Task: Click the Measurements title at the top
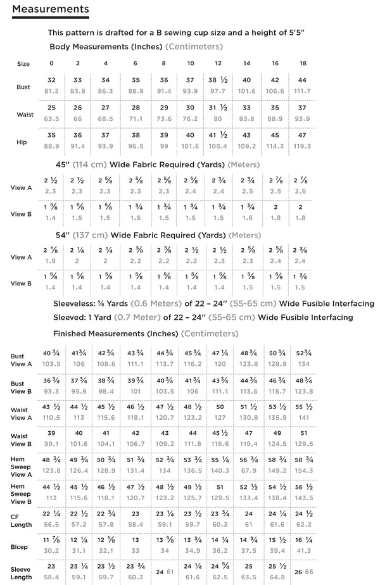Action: [50, 9]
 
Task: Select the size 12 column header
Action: [218, 63]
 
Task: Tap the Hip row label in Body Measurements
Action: [22, 142]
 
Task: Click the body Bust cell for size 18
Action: [302, 85]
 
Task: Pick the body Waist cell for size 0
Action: [51, 113]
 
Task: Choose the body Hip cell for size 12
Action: [218, 141]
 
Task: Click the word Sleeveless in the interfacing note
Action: [75, 303]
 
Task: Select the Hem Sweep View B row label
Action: [21, 492]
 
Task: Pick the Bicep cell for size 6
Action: [135, 546]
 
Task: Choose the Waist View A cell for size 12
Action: [219, 412]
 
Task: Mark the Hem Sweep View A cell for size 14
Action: [247, 465]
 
